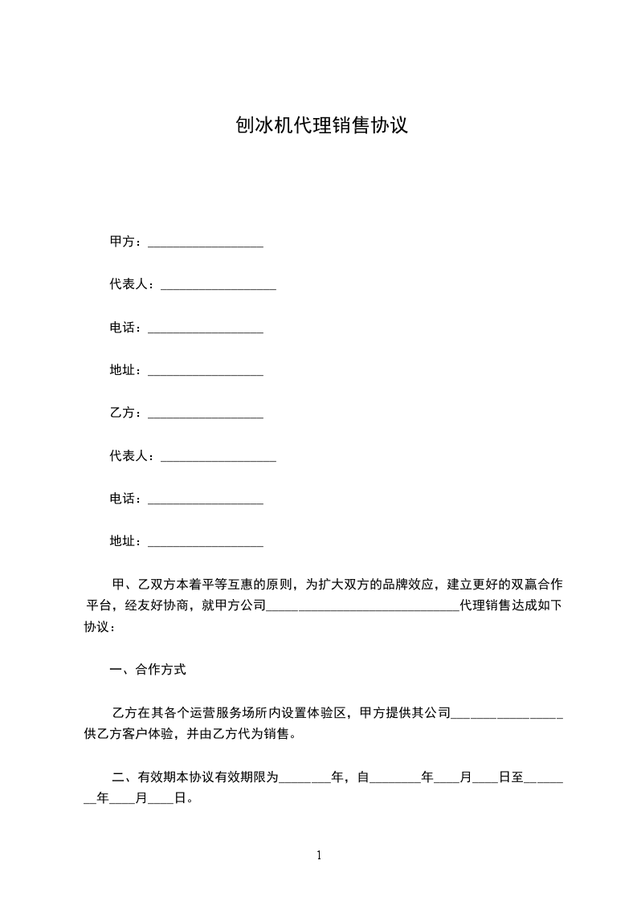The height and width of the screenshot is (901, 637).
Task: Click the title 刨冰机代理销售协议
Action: point(321,125)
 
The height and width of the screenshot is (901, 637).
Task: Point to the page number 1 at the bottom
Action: point(319,855)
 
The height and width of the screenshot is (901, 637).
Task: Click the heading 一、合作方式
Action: point(148,668)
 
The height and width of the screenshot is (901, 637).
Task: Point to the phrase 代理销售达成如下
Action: point(511,605)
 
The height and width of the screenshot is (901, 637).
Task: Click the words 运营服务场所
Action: point(239,712)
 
